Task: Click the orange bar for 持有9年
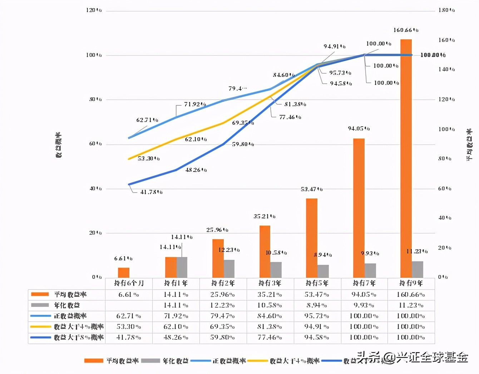[x=406, y=159]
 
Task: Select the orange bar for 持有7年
[x=359, y=208]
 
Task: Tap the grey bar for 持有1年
[x=182, y=267]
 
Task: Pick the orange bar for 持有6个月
[x=124, y=273]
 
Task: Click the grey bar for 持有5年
[x=323, y=271]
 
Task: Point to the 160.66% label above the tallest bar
[x=406, y=30]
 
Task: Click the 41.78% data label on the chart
[x=151, y=192]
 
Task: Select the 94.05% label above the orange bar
[x=359, y=128]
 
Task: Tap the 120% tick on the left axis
[x=94, y=10]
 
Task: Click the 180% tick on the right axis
[x=446, y=10]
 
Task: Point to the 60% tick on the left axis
[x=95, y=144]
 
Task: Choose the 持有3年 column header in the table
[x=270, y=283]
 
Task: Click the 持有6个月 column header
[x=129, y=283]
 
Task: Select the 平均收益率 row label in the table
[x=70, y=294]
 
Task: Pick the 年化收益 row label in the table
[x=67, y=305]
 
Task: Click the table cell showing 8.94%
[x=317, y=305]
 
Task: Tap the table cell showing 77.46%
[x=270, y=337]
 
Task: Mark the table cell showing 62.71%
[x=129, y=316]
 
